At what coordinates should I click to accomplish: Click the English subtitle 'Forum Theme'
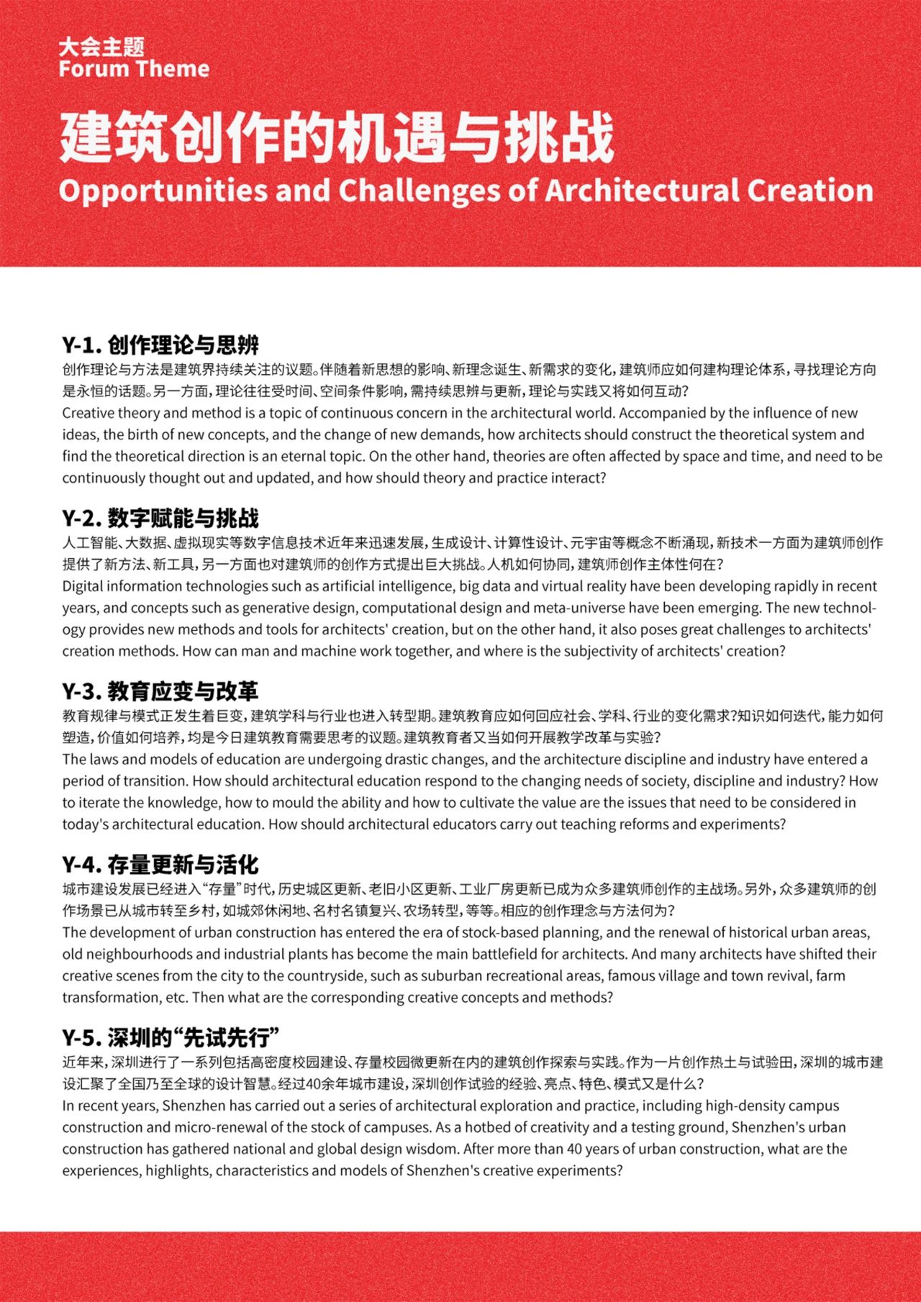coord(134,69)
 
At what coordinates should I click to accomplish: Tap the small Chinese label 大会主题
coord(102,47)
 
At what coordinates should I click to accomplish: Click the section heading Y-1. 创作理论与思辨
coord(160,345)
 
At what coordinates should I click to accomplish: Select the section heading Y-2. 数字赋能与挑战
coord(160,518)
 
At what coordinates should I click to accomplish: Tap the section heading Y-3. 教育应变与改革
coord(160,691)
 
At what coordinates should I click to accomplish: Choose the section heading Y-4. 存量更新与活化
coord(160,864)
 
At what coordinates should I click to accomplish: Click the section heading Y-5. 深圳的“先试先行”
coord(171,1037)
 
